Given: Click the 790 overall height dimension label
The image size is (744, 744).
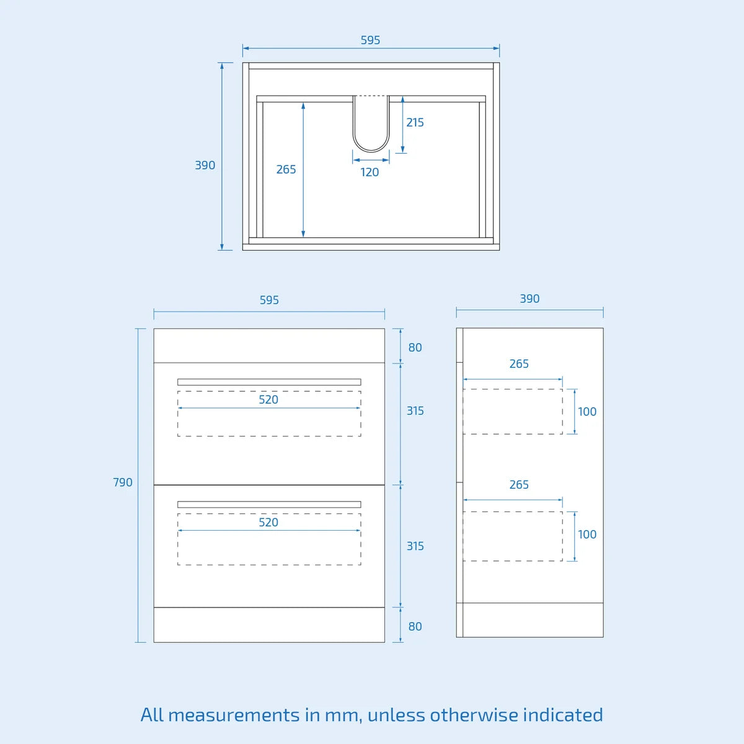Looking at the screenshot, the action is coord(123,482).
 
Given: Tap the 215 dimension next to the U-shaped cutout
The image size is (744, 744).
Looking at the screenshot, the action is coord(415,122).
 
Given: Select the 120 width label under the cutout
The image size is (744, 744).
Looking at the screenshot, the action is coord(370,172).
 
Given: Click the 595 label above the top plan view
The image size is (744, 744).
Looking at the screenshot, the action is coord(370,40).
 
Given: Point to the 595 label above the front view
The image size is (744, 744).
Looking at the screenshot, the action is coord(269,300).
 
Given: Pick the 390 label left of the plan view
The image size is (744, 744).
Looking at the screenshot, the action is coord(205,166).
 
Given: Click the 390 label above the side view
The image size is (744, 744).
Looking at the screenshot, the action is coord(529,298).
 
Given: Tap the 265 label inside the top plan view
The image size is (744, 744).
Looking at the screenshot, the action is coord(286,169).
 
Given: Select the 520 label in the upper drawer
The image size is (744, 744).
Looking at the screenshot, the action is coord(268,400).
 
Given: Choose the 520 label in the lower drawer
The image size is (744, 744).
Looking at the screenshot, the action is coord(268,523).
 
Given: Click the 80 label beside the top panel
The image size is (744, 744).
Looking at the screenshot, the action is coord(415,347).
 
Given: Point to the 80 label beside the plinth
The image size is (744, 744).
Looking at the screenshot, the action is coord(415,626).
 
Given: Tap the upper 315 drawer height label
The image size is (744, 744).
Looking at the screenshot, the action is coord(415,411).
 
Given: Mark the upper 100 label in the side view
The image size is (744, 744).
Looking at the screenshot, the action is coord(587,412).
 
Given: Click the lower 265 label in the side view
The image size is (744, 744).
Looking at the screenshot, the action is coord(519,485).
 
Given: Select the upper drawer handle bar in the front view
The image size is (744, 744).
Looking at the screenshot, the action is coord(269,382).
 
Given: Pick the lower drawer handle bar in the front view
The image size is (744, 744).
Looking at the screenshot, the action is coord(269,504).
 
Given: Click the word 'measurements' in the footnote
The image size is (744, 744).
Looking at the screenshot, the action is coord(234,715).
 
